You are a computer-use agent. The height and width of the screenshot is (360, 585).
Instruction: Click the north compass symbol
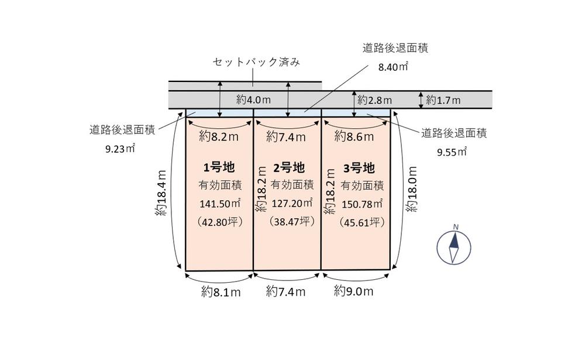point(454,246)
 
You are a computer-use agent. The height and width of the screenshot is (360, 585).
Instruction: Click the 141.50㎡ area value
point(219,204)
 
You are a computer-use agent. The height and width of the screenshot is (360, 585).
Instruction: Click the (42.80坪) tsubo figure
point(219,222)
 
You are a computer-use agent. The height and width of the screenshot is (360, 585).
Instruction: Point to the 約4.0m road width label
point(253,100)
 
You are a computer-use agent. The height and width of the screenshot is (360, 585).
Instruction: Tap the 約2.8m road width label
point(374,100)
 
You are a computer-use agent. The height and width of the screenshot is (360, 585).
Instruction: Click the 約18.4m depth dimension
point(161,193)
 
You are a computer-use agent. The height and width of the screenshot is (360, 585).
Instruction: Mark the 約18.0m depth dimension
point(413,189)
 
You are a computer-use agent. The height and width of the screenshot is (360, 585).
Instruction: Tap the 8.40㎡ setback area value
point(393,67)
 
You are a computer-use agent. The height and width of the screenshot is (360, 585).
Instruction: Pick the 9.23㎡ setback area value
point(121,149)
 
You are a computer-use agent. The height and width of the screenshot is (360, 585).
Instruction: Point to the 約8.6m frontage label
point(353,138)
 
